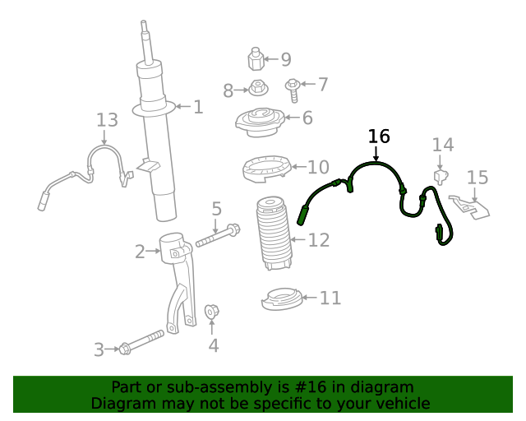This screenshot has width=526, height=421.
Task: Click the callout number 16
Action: [x=379, y=136]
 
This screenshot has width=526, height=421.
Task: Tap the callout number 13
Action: [x=107, y=121]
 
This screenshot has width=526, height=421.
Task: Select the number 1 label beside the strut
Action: [x=197, y=106]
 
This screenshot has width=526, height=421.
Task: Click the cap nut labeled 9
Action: [x=255, y=60]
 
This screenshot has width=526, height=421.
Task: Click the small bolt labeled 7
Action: [x=293, y=85]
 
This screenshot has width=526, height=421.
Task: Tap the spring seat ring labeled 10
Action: [x=264, y=170]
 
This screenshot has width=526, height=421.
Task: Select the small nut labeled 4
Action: [x=210, y=311]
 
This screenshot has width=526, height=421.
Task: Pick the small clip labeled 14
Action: [x=442, y=176]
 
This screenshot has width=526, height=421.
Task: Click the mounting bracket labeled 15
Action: [x=469, y=206]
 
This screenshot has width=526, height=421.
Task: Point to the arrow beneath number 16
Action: [x=376, y=153]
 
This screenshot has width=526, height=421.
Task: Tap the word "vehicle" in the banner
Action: [x=403, y=404]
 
